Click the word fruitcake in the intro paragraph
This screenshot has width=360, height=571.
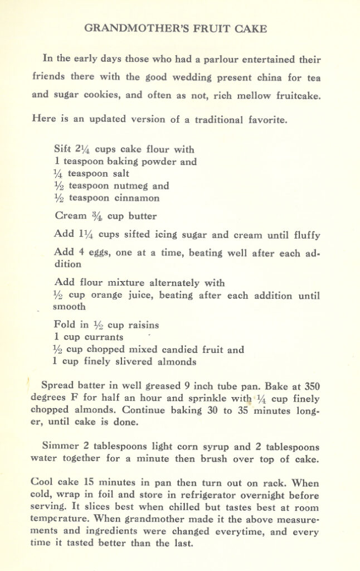[299, 95]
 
